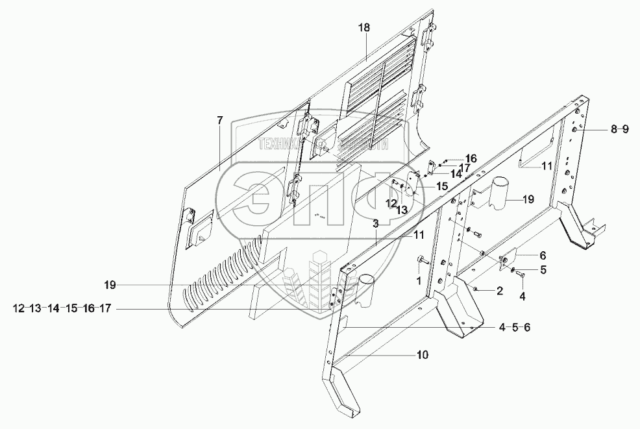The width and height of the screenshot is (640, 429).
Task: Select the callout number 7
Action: click(219, 120)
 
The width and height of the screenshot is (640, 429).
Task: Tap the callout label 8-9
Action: click(619, 130)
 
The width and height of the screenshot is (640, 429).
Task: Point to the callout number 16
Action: click(471, 158)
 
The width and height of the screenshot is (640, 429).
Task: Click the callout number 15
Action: click(441, 186)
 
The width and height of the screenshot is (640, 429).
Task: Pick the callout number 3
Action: click(375, 223)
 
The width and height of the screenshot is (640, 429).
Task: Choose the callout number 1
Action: click(419, 280)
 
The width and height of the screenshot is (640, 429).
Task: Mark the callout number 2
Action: click(499, 291)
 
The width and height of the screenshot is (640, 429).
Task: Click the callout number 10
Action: click(422, 355)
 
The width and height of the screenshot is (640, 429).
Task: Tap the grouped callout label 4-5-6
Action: click(515, 327)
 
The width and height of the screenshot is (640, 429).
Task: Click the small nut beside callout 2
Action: click(476, 288)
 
